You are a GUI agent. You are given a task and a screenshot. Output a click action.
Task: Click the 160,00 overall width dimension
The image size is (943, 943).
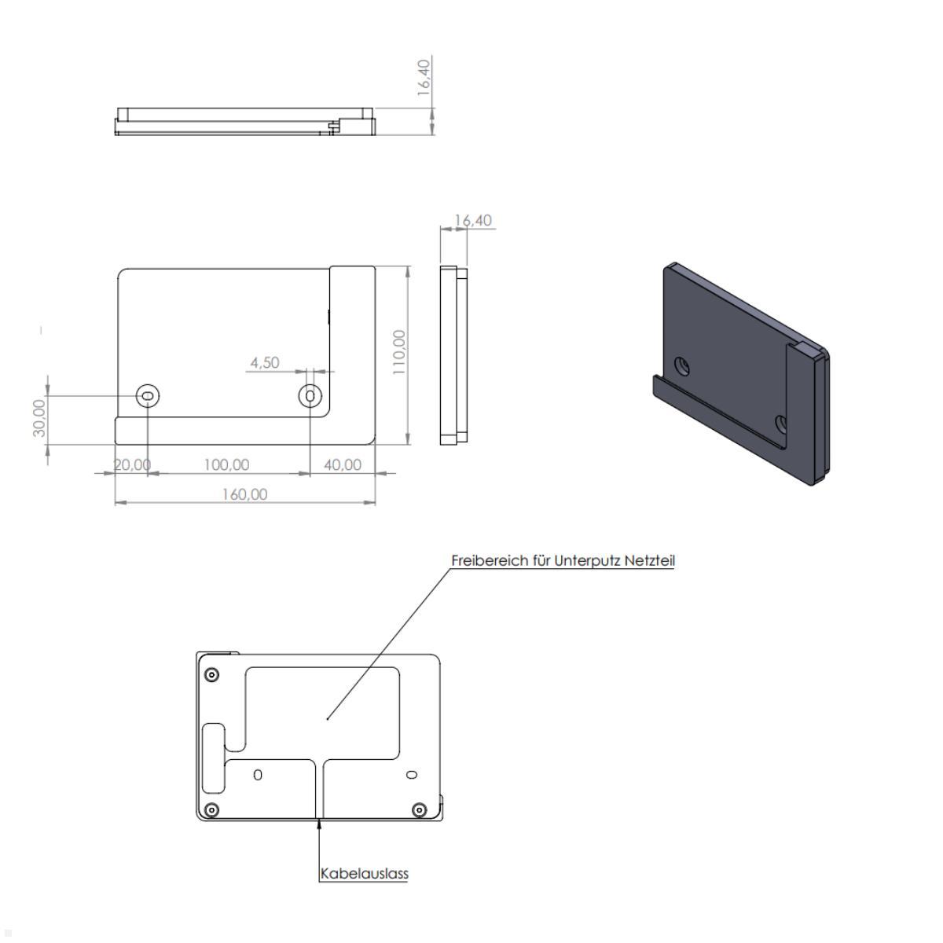(244, 494)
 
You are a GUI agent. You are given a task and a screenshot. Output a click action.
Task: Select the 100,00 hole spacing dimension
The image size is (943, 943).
(226, 465)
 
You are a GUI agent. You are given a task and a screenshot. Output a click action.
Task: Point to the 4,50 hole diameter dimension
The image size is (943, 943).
(264, 363)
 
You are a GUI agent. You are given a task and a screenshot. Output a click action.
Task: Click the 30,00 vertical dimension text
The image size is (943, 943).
(39, 416)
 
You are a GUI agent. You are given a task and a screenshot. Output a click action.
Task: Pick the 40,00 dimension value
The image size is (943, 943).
(343, 465)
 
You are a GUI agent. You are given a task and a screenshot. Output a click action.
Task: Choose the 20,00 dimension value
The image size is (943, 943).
(132, 465)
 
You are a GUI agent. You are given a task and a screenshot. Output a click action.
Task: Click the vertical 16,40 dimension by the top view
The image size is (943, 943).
(424, 77)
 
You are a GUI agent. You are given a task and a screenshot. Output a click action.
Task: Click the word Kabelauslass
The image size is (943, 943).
(365, 873)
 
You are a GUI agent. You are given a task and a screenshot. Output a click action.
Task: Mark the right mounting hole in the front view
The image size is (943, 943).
(311, 396)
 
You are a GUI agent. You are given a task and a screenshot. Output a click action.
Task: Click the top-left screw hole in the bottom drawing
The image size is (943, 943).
(211, 675)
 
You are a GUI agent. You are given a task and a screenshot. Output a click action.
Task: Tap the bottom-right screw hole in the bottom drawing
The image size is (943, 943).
(419, 809)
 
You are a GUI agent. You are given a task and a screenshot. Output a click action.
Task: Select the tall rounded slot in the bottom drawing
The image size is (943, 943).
(212, 758)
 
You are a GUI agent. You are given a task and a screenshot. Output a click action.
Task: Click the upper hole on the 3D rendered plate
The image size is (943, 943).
(682, 365)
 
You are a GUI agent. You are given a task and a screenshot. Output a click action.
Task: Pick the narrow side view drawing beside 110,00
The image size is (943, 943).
(454, 356)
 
